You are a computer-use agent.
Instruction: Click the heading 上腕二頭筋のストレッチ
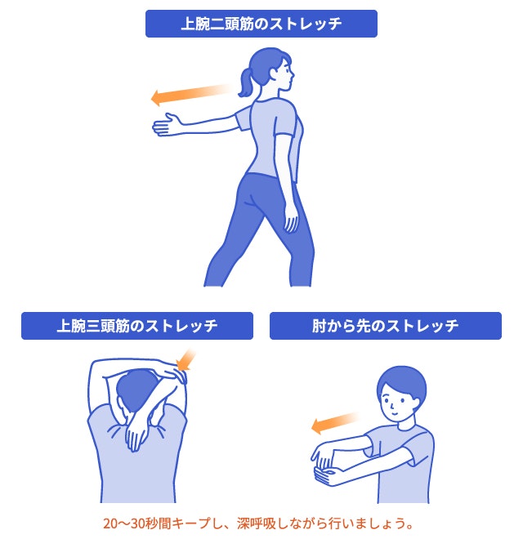pyautogui.click(x=261, y=24)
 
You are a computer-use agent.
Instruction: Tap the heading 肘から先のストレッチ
pyautogui.click(x=385, y=327)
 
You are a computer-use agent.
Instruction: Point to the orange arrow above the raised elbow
pyautogui.click(x=187, y=359)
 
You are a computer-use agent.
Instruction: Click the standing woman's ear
pyautogui.click(x=274, y=74)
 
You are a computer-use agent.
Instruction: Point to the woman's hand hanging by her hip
pyautogui.click(x=289, y=221)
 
